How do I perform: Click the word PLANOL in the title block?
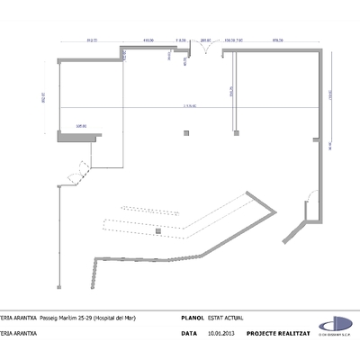(193, 318)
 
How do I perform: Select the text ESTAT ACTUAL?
(225, 318)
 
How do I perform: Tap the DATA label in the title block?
(189, 332)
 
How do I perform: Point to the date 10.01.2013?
(220, 332)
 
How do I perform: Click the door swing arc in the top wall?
(207, 50)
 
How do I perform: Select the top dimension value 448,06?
(148, 40)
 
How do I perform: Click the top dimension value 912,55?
(90, 40)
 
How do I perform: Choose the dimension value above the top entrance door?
(205, 40)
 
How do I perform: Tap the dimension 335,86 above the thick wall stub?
(81, 127)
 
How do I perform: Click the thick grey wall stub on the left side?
(76, 136)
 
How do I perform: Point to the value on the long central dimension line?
(189, 106)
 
